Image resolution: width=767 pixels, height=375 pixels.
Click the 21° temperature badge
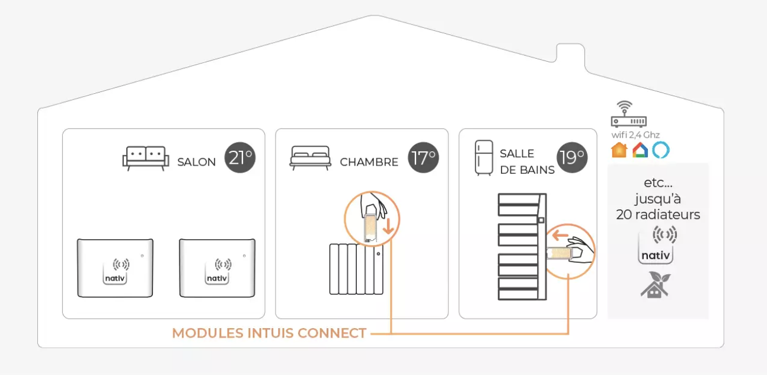[240, 158]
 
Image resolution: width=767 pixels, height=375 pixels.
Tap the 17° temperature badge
[424, 158]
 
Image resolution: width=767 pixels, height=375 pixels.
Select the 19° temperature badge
[572, 157]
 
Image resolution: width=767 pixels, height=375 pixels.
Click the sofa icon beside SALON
[145, 158]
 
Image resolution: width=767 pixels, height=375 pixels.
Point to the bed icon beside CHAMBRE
[310, 158]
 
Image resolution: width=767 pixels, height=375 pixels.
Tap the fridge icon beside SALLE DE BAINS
[484, 158]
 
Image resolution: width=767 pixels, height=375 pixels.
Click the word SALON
[196, 163]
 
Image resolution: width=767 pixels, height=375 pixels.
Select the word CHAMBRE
[369, 163]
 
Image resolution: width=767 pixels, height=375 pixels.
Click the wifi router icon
[624, 114]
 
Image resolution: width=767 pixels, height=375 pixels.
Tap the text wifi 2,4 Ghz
[635, 135]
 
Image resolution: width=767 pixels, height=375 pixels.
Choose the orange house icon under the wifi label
[619, 150]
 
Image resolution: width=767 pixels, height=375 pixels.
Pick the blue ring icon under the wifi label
[660, 150]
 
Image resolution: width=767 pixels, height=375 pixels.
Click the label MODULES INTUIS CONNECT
[269, 333]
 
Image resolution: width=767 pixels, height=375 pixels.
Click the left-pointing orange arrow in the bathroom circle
[561, 236]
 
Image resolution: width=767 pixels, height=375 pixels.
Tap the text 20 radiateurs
[658, 215]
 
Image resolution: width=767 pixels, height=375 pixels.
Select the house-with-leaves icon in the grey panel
[654, 284]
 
